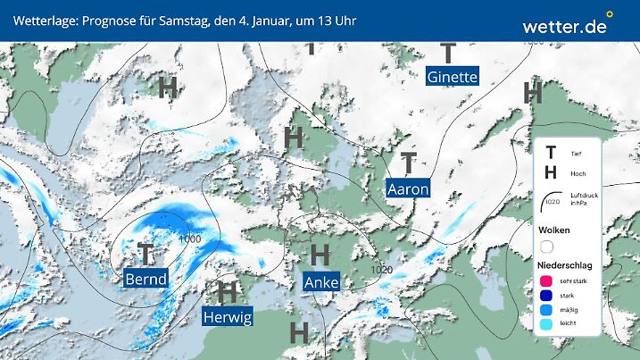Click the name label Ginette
[453, 77]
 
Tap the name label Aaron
[408, 188]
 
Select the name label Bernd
[145, 280]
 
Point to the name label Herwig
[228, 316]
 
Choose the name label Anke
[320, 282]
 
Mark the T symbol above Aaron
[409, 163]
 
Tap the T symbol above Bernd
[146, 254]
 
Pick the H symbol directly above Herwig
[228, 290]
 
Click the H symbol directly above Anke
[320, 255]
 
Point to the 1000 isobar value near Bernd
[189, 239]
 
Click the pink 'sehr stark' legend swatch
[547, 281]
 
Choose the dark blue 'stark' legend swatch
[547, 296]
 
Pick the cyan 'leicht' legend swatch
[547, 325]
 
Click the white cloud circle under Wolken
[547, 247]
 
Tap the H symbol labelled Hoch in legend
[551, 172]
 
